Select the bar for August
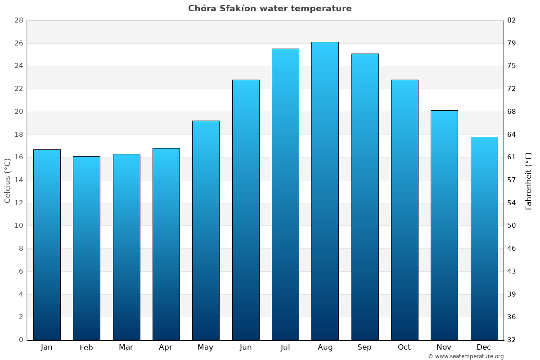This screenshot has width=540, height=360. (325, 191)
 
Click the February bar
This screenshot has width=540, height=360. (86, 248)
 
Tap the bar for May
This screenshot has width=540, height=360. (206, 230)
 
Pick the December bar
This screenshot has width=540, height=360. (484, 238)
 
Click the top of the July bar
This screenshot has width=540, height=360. (285, 49)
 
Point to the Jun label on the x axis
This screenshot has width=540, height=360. (246, 347)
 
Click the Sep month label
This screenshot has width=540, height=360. (364, 347)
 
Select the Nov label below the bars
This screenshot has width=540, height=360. (444, 347)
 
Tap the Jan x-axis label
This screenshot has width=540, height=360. (46, 347)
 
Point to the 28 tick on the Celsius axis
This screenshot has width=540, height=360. (18, 21)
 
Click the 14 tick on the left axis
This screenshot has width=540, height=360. (18, 180)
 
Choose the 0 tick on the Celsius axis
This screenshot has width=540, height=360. (21, 340)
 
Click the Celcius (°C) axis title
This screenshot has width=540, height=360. (8, 180)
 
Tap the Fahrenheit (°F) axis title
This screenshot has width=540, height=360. (529, 180)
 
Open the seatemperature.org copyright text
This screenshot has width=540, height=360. (466, 356)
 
